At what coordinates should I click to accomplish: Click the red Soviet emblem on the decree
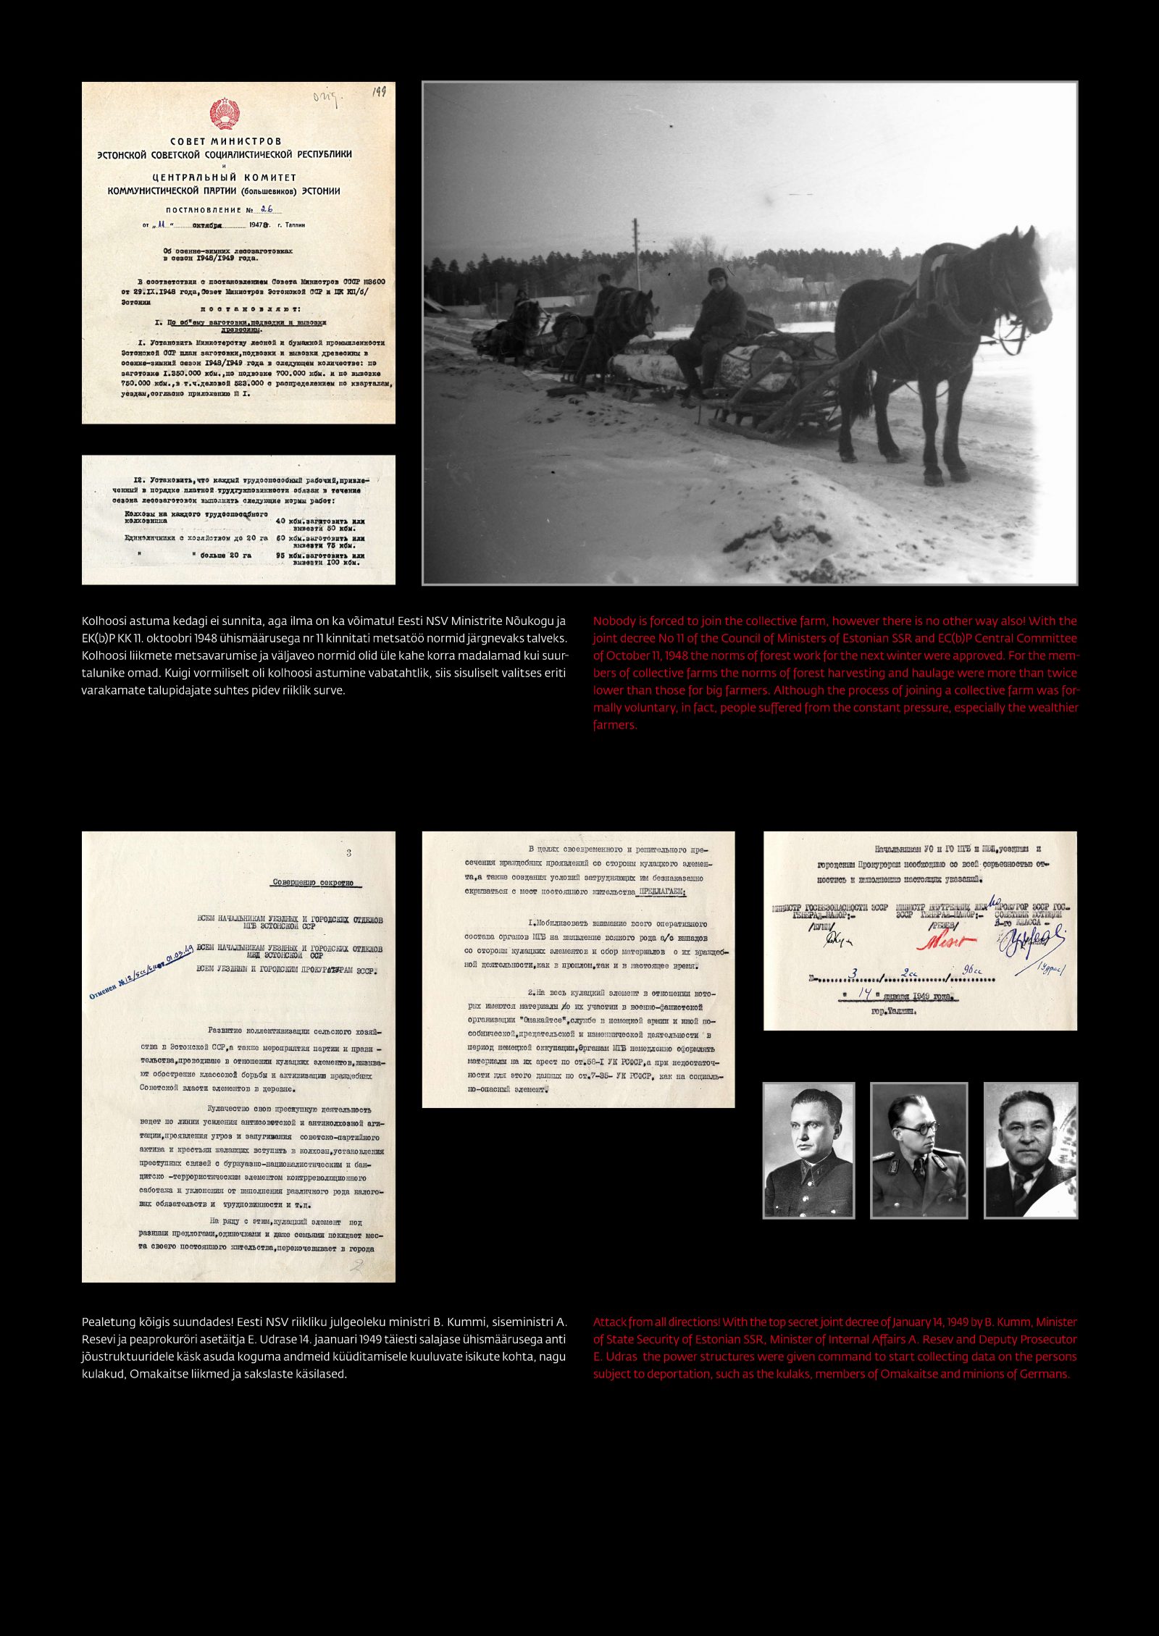point(225,114)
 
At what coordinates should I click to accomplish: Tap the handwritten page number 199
point(379,92)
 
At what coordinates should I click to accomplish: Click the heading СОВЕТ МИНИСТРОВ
point(225,141)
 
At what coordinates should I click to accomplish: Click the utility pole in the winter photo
point(637,253)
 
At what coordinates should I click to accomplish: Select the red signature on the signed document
point(945,941)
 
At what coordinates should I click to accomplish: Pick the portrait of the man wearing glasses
point(919,1150)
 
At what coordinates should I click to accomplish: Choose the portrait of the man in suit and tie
point(1030,1150)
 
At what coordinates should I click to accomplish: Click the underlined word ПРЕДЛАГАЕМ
point(659,892)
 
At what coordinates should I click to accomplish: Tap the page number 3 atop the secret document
point(348,853)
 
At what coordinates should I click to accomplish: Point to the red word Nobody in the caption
point(611,621)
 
